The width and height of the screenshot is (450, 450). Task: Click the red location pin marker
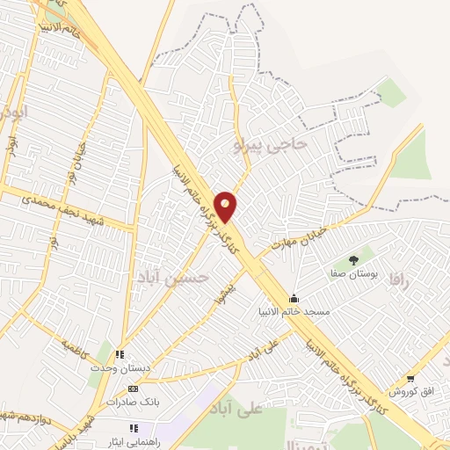(x=227, y=207)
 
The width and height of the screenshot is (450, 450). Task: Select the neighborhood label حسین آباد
(x=179, y=278)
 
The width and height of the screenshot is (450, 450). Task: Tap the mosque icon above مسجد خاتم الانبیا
(x=294, y=300)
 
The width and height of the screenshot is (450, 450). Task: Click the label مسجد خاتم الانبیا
(x=293, y=312)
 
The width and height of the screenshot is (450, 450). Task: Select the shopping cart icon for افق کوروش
(x=410, y=379)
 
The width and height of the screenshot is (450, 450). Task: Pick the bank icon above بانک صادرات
(x=133, y=388)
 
